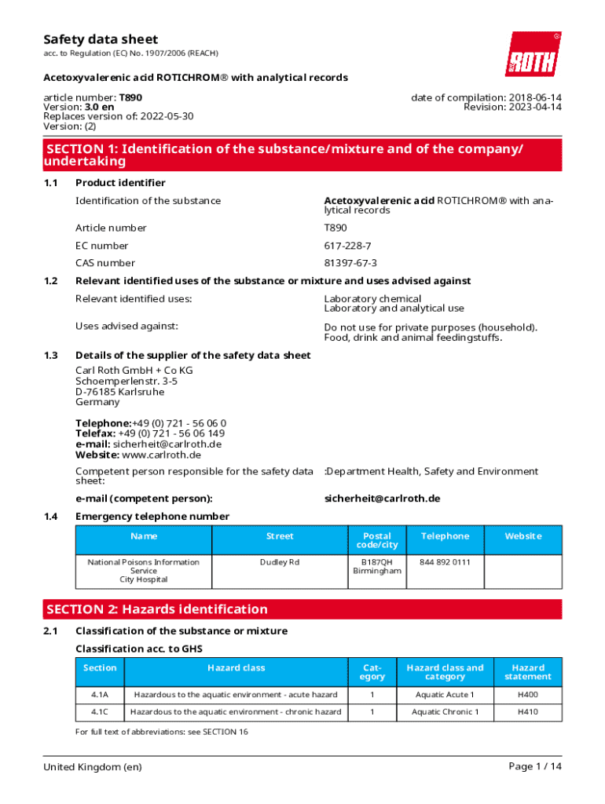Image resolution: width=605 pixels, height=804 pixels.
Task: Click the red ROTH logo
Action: pyautogui.click(x=533, y=54)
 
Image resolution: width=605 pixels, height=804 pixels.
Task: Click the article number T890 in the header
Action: pyautogui.click(x=130, y=97)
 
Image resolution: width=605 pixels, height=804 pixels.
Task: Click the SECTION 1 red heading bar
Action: pyautogui.click(x=302, y=155)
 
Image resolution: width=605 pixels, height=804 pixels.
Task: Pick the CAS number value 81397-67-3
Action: pyautogui.click(x=350, y=263)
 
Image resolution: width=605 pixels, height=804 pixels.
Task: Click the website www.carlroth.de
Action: pyautogui.click(x=161, y=455)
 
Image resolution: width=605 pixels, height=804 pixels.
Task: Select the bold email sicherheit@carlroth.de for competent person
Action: pyautogui.click(x=382, y=499)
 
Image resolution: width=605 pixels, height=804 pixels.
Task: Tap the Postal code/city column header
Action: pyautogui.click(x=377, y=540)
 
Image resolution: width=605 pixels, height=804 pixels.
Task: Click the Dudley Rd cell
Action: pyautogui.click(x=280, y=562)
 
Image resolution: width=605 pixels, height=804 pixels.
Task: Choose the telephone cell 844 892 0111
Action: pyautogui.click(x=445, y=562)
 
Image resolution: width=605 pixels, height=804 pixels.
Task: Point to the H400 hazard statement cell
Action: pyautogui.click(x=528, y=695)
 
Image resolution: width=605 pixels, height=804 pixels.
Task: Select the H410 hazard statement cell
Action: pyautogui.click(x=528, y=712)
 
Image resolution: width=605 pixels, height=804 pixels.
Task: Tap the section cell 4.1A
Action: pyautogui.click(x=100, y=695)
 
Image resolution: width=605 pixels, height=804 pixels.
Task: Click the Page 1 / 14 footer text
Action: pyautogui.click(x=535, y=767)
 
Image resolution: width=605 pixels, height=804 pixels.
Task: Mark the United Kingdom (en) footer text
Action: pyautogui.click(x=93, y=767)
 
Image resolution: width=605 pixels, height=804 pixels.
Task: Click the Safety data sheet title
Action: pyautogui.click(x=101, y=39)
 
